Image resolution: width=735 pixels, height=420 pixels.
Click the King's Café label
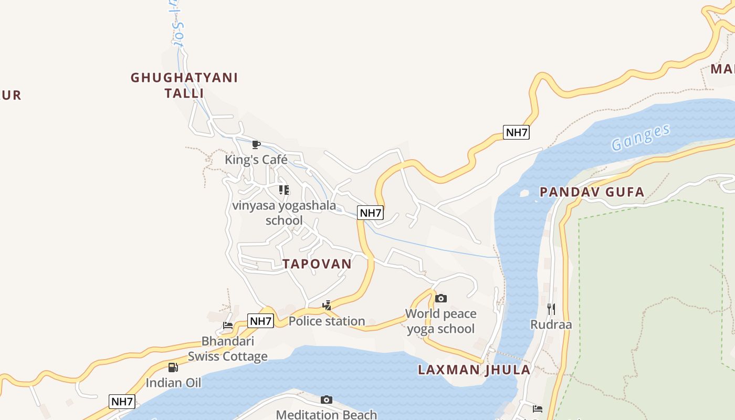[x=256, y=160]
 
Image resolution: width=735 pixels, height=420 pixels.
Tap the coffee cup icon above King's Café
[x=256, y=144]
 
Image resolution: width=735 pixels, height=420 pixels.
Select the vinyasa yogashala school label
[x=284, y=213]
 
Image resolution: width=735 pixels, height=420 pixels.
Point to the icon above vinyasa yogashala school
[x=283, y=190]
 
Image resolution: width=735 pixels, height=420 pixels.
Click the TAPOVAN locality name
[x=317, y=264]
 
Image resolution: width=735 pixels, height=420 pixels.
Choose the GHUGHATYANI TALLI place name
[x=184, y=86]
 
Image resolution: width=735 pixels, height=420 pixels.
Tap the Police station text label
[x=327, y=321]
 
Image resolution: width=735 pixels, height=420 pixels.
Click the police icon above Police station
[x=327, y=305]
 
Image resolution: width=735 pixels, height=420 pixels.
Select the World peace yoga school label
[x=441, y=321]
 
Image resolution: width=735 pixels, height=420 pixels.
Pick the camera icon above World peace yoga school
[x=441, y=298]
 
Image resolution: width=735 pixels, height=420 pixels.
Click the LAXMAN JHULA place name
[x=474, y=370]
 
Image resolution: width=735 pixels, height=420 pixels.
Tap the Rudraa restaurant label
[x=551, y=324]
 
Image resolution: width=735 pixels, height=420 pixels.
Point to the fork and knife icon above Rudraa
[x=551, y=309]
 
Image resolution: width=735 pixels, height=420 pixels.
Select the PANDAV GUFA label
[x=592, y=192]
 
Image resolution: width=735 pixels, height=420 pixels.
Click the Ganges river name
[x=641, y=137]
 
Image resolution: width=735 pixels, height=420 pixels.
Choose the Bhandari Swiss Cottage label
[x=228, y=349]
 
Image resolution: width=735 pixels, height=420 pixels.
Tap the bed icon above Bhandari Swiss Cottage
[x=228, y=325]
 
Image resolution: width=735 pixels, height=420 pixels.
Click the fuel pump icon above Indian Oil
[x=173, y=367]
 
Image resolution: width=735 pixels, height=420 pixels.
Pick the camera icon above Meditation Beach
[x=326, y=400]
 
